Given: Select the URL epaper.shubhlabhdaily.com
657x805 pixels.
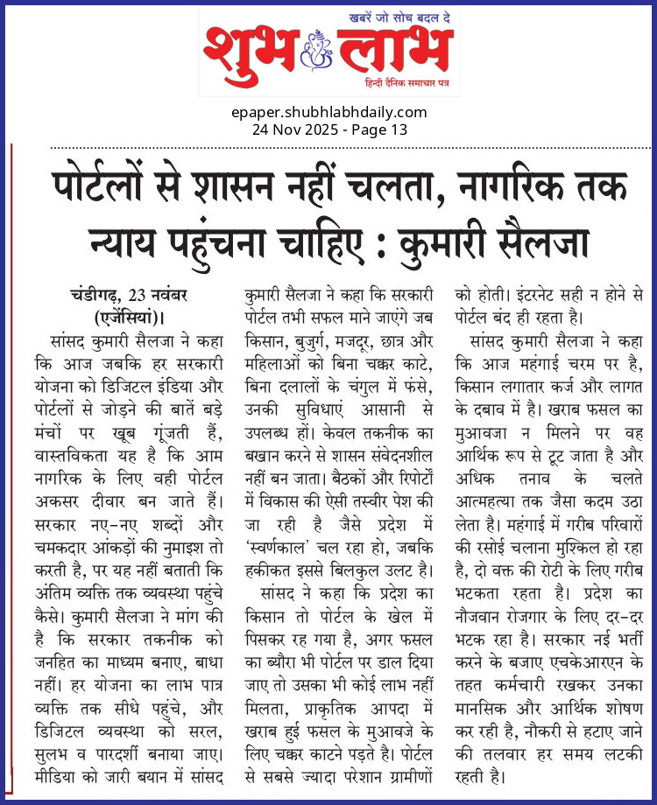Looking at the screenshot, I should click(329, 112).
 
